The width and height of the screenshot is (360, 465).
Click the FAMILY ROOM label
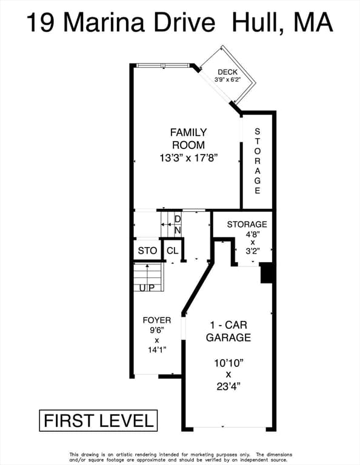click(188, 139)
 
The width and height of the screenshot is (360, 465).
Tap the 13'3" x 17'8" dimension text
click(188, 158)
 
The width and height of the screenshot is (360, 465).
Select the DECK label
click(228, 72)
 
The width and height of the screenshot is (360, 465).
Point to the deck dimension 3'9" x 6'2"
click(227, 79)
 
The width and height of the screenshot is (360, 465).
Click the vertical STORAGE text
click(258, 161)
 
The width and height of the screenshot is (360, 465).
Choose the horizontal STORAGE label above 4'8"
click(247, 224)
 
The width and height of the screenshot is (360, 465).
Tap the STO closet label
click(147, 251)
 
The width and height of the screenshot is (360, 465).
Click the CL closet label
click(173, 251)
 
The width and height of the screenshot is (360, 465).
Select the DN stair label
click(178, 225)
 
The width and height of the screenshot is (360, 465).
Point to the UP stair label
click(147, 288)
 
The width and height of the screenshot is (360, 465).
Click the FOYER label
click(157, 320)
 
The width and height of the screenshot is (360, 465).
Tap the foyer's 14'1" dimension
click(157, 350)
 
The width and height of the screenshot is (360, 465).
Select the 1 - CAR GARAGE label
click(228, 331)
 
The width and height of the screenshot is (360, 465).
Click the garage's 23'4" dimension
click(228, 386)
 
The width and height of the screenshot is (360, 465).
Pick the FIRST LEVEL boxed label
click(98, 421)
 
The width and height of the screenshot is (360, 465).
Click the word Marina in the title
click(104, 22)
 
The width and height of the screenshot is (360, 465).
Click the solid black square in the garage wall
click(267, 273)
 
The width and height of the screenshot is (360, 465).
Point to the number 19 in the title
click(41, 23)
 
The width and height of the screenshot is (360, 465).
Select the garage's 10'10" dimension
click(228, 363)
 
